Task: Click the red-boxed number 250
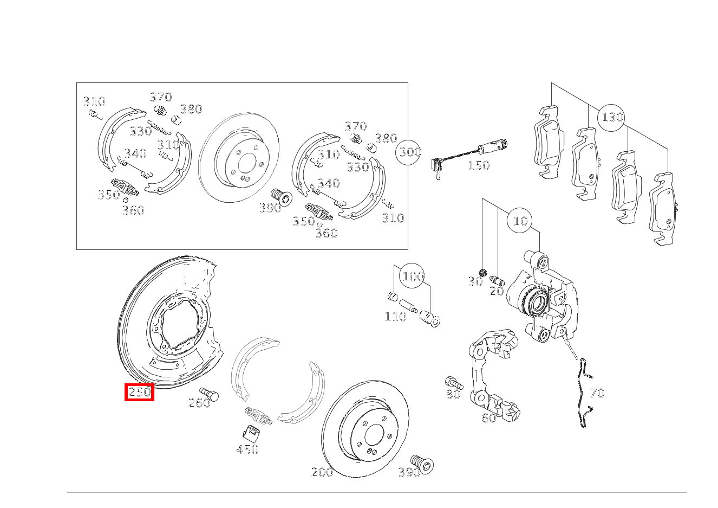point(140,392)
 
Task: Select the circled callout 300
point(408,152)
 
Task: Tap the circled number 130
point(611,118)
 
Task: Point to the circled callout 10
point(520,221)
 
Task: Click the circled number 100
point(413,276)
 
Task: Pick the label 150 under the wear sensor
point(479,165)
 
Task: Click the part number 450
point(247,449)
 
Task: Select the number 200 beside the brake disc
point(322,472)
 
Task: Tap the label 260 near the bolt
point(199,403)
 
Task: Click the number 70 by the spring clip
point(597,393)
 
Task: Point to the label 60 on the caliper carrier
point(488,417)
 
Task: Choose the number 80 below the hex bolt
point(453,394)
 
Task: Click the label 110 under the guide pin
point(395,317)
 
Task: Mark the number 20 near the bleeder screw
point(497,291)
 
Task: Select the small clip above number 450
point(251,434)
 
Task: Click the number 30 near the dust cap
point(475,281)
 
